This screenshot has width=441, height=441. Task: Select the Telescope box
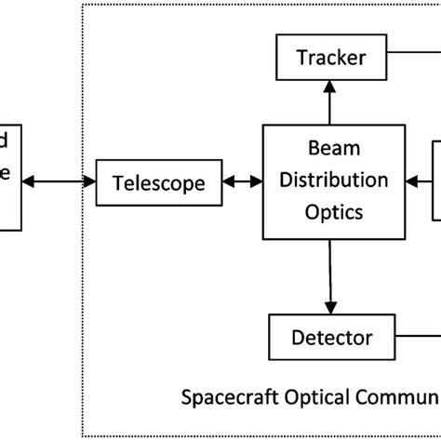[158, 183]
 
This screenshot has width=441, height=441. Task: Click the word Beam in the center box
[329, 147]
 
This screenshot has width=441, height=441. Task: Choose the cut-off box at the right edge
[435, 181]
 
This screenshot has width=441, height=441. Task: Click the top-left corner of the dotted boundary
[83, 6]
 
